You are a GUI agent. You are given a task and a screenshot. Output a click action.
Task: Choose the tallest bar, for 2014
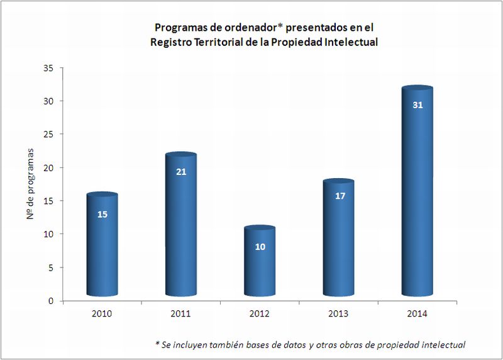pyautogui.click(x=417, y=195)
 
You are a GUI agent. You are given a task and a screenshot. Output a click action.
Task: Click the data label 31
pyautogui.click(x=417, y=105)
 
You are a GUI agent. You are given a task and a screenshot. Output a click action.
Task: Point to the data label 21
pyautogui.click(x=181, y=171)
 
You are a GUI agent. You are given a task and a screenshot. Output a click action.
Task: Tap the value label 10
pyautogui.click(x=260, y=247)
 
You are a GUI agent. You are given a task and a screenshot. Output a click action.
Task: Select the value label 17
pyautogui.click(x=339, y=196)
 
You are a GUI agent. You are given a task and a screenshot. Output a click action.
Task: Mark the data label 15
pyautogui.click(x=102, y=214)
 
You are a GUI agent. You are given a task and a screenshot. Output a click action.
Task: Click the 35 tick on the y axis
pyautogui.click(x=49, y=67)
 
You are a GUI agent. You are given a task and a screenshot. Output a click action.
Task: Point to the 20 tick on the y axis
pyautogui.click(x=49, y=167)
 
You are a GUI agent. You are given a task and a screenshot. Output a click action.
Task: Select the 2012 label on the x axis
pyautogui.click(x=260, y=313)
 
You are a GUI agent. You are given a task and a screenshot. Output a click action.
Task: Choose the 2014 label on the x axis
pyautogui.click(x=417, y=313)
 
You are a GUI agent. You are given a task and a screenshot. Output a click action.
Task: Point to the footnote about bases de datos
pyautogui.click(x=310, y=344)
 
